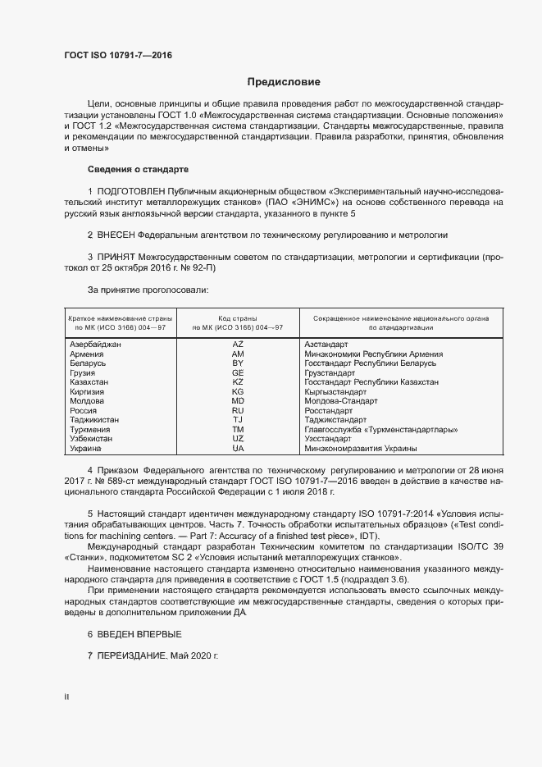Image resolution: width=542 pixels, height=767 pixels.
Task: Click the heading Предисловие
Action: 285,82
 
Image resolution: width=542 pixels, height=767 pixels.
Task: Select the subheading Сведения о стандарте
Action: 138,169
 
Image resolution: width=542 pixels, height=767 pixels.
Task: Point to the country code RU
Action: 238,410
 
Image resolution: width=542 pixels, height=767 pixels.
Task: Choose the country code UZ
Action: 238,439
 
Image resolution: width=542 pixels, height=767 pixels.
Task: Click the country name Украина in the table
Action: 86,449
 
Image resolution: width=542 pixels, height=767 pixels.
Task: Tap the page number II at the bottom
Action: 67,697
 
